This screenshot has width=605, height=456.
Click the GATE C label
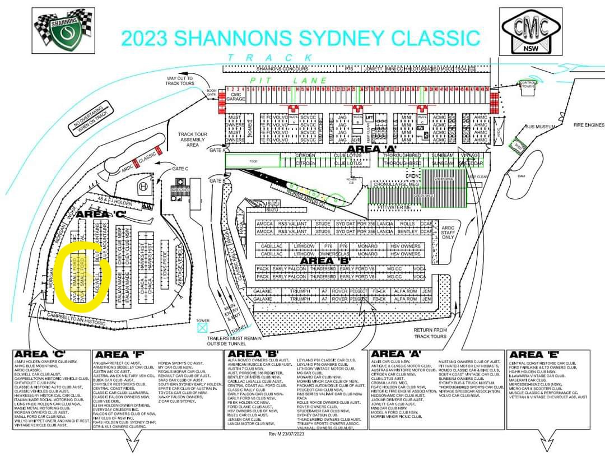[180, 168]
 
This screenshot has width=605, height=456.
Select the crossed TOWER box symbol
[202, 328]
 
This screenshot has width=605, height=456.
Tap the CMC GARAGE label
[235, 99]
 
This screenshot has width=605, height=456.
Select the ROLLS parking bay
[408, 223]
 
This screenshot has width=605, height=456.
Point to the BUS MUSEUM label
[539, 127]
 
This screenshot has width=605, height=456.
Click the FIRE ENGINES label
[588, 125]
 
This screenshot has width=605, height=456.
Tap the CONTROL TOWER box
[528, 85]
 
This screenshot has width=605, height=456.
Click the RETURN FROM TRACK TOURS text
[431, 333]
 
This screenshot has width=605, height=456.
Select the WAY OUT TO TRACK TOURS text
[180, 81]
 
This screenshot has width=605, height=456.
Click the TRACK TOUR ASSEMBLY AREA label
[193, 139]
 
